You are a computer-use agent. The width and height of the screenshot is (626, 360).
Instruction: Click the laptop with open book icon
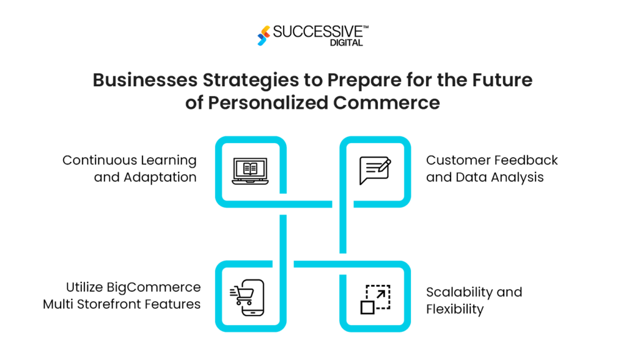coord(251,171)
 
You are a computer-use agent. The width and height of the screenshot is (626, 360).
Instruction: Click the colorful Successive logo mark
coord(263,35)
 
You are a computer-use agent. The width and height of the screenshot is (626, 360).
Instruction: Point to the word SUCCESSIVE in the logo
coord(318,31)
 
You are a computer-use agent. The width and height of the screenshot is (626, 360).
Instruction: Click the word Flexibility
coord(455,309)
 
